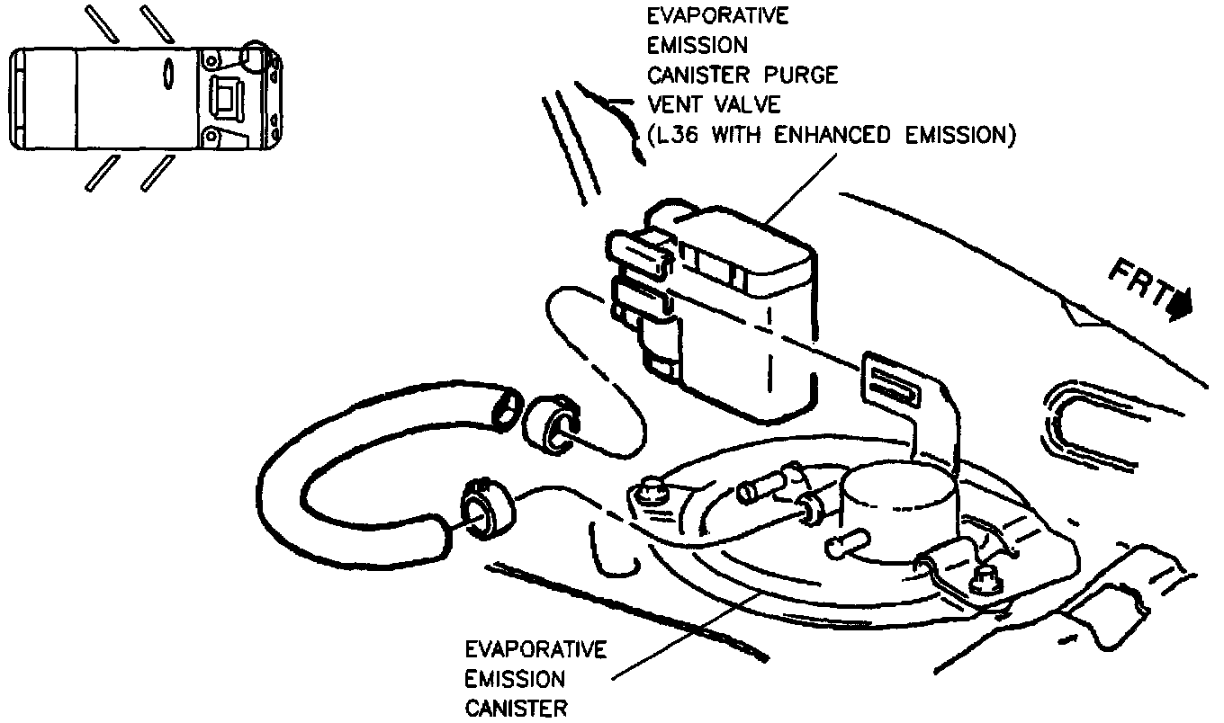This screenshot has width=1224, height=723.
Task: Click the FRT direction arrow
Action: (1180, 305)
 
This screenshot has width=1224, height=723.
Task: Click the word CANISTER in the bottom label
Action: (516, 709)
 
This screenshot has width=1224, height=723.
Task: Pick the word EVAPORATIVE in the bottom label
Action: (535, 649)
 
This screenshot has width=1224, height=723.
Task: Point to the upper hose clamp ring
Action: (552, 422)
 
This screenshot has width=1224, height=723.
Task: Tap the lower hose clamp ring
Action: (486, 513)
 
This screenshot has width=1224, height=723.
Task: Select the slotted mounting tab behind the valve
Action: (892, 381)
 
